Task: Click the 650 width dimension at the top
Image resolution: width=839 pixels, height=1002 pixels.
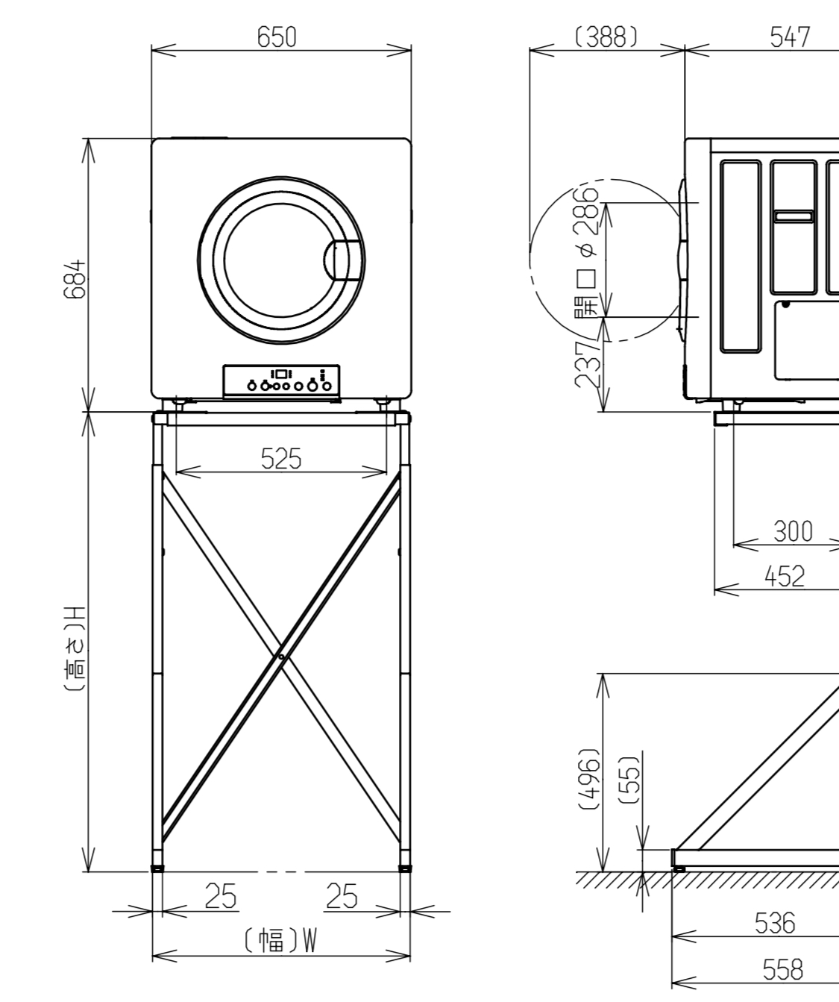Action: pyautogui.click(x=277, y=37)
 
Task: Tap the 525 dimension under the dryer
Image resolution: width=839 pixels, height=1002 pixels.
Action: pyautogui.click(x=281, y=459)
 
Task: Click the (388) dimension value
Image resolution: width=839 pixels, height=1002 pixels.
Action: pyautogui.click(x=606, y=37)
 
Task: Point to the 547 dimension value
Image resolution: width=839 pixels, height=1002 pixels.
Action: pyautogui.click(x=791, y=37)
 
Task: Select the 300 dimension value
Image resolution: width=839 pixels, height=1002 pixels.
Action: pyautogui.click(x=792, y=531)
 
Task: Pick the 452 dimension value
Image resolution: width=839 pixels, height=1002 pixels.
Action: pyautogui.click(x=785, y=576)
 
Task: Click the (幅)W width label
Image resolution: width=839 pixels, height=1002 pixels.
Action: pyautogui.click(x=281, y=941)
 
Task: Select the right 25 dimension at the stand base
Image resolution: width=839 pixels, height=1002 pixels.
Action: pyautogui.click(x=342, y=896)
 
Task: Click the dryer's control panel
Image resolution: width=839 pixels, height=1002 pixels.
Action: pyautogui.click(x=281, y=381)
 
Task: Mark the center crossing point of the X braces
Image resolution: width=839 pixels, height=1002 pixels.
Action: pyautogui.click(x=280, y=657)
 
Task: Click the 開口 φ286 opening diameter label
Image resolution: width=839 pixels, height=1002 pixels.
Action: pyautogui.click(x=588, y=254)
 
